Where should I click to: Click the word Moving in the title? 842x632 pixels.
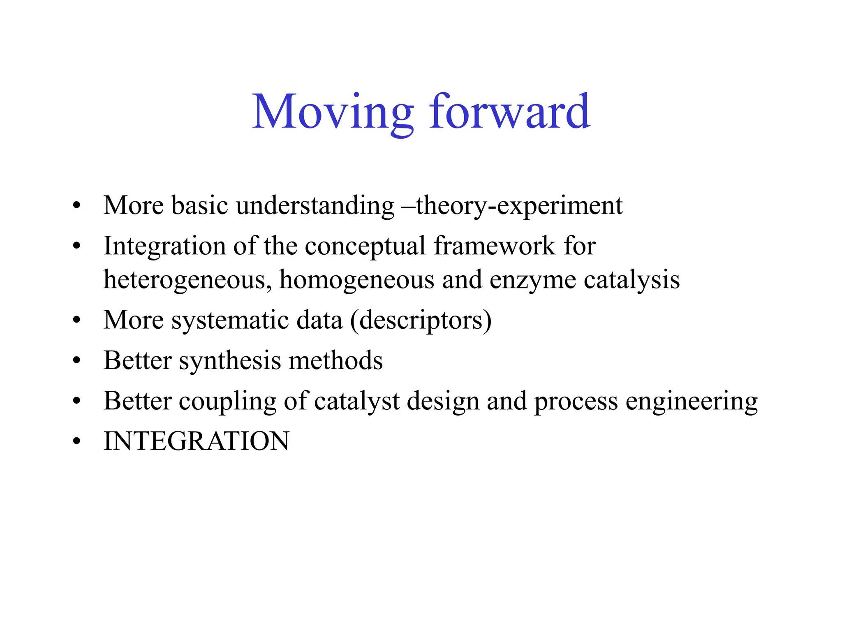332,112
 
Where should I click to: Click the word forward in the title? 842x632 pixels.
509,112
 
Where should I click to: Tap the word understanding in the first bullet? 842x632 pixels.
315,205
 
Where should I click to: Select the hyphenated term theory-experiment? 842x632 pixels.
519,205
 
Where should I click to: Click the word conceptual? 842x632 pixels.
365,246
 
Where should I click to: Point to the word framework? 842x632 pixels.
494,246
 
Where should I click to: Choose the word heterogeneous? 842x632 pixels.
187,280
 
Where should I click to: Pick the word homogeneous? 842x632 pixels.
356,280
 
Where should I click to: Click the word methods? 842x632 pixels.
335,360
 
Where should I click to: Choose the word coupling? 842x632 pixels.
227,401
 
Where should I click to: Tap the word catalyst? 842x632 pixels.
357,401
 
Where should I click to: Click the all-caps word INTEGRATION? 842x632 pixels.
197,441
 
